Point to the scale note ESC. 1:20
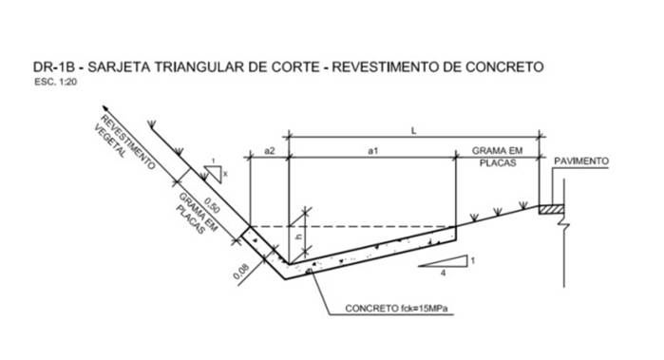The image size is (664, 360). pos(55,82)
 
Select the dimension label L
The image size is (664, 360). pos(414,131)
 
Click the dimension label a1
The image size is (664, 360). pos(372,151)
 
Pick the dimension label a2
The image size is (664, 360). pos(270,151)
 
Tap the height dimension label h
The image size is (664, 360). pos(299,237)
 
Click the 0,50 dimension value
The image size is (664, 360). pos(212,205)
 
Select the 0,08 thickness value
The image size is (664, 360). pos(241,271)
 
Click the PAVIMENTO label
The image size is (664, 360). pos(581,161)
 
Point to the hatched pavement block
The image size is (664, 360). pos(551,209)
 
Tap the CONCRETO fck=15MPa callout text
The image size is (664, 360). pos(396,309)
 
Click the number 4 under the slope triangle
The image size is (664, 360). pos(443,274)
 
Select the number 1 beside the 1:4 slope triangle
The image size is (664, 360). pos(473,260)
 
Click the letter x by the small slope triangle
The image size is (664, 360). pos(225,173)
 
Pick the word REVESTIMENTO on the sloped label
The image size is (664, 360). pos(128,142)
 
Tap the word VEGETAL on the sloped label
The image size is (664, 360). pos(110,142)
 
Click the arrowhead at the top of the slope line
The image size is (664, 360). pos(104,108)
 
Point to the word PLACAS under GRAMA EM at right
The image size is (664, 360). pos(498,163)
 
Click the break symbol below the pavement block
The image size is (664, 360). pos(564,220)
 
